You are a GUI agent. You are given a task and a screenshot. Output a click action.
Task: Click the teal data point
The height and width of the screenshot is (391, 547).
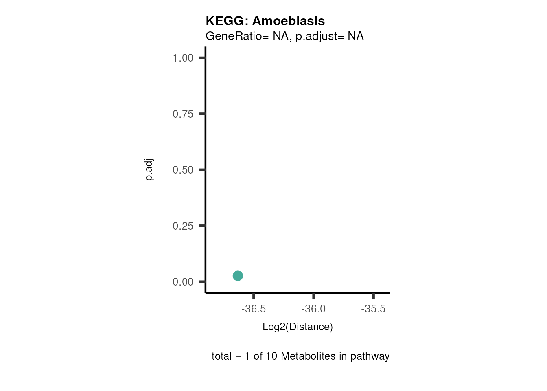point(238,276)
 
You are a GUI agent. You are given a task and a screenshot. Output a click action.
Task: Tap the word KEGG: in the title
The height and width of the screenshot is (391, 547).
point(227,21)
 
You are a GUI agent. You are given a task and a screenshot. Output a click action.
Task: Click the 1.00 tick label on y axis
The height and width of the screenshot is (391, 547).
point(183,58)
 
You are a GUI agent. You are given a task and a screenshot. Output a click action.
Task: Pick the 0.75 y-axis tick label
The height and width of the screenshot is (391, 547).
point(183,114)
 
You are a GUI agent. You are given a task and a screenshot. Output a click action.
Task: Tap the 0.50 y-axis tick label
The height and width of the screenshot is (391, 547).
point(183,170)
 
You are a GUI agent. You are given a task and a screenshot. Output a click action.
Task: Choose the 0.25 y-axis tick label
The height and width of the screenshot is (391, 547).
point(183,226)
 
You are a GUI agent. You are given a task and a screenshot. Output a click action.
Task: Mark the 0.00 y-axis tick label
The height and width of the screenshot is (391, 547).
point(183,282)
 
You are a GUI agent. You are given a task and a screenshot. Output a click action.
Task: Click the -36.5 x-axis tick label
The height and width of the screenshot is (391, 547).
point(254,309)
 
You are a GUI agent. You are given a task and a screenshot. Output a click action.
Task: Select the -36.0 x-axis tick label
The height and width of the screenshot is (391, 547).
point(313,309)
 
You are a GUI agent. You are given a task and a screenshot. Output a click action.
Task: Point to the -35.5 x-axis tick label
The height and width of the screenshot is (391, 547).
point(373,309)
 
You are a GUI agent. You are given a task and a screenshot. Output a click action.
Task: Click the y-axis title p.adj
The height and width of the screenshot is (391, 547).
point(149,170)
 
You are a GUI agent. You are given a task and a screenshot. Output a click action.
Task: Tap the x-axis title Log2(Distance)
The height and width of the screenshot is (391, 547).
point(298,327)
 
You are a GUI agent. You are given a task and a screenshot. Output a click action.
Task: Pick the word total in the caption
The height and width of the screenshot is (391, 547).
point(222,356)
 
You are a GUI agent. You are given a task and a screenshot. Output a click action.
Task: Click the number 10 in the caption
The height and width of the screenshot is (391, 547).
point(271,356)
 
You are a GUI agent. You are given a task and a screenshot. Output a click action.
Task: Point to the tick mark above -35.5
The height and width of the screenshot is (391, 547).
point(373,296)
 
